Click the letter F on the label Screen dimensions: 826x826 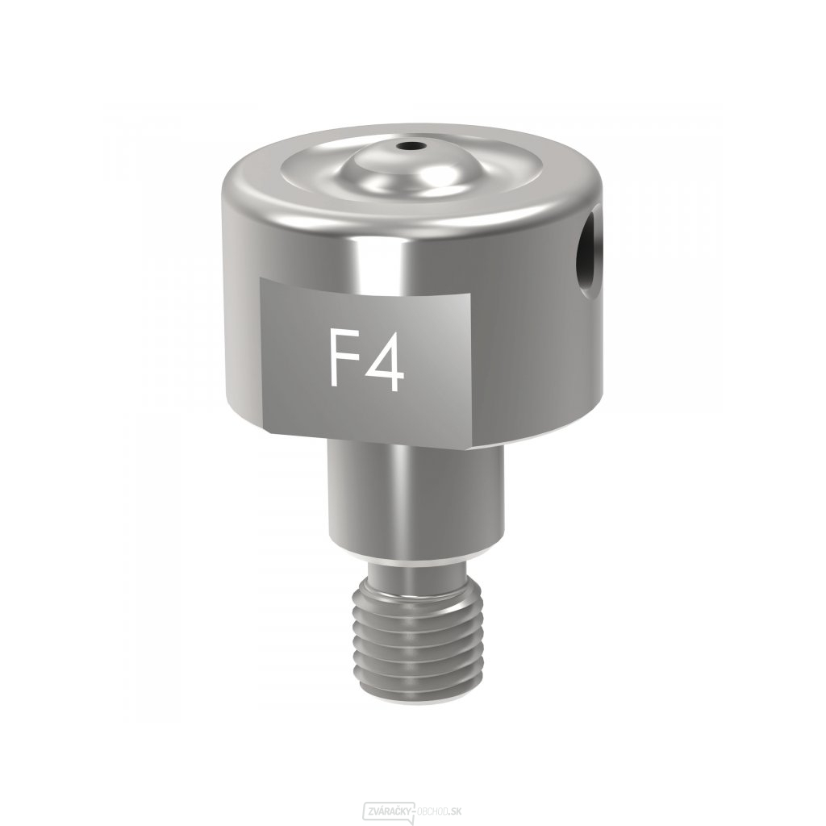click(x=340, y=358)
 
